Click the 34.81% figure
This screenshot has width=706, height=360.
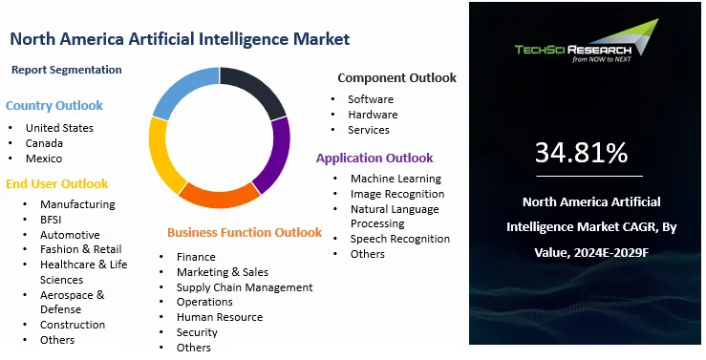click(581, 153)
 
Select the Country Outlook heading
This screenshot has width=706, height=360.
click(54, 106)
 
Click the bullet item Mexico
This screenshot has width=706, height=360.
click(44, 159)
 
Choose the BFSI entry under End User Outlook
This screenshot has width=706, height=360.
click(51, 220)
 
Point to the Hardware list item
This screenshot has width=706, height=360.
click(373, 115)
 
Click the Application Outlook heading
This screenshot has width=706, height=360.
click(374, 158)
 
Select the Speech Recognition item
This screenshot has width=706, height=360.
click(400, 239)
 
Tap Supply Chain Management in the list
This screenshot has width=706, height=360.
click(245, 287)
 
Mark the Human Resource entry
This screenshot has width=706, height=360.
click(220, 317)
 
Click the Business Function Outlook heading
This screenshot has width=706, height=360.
click(245, 233)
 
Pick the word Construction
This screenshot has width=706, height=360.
click(73, 325)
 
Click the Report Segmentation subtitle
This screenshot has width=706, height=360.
click(67, 70)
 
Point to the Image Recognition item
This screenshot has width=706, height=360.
click(397, 194)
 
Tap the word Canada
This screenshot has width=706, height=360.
click(44, 143)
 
